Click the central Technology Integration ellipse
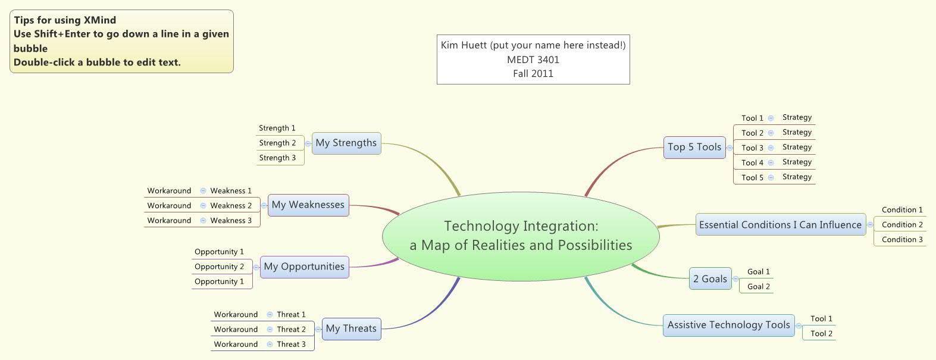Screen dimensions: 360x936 coord(521,236)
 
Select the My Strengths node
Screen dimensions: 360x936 coord(346,143)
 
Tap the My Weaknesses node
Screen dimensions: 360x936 coord(308,205)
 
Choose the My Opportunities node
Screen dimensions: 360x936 coord(304,267)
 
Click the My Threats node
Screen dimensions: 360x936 coord(351,328)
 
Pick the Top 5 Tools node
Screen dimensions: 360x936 coord(694,147)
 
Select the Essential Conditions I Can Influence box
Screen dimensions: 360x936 coord(780,225)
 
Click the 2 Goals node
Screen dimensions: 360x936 coord(710,279)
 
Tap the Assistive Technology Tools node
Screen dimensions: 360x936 coord(728,325)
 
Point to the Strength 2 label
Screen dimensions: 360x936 coord(277,143)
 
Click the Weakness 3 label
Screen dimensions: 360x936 coord(231,220)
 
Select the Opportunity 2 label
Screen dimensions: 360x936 coord(219,267)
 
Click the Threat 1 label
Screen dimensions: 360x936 coord(291,314)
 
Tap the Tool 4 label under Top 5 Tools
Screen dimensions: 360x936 coord(752,162)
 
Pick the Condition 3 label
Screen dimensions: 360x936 coord(902,239)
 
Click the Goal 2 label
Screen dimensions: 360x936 coord(759,286)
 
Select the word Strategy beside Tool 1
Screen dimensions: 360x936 coord(797,117)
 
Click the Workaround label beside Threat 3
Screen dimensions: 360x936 coord(236,344)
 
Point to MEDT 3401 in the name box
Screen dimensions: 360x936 coord(533,60)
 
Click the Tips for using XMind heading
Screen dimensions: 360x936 coord(65,20)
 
